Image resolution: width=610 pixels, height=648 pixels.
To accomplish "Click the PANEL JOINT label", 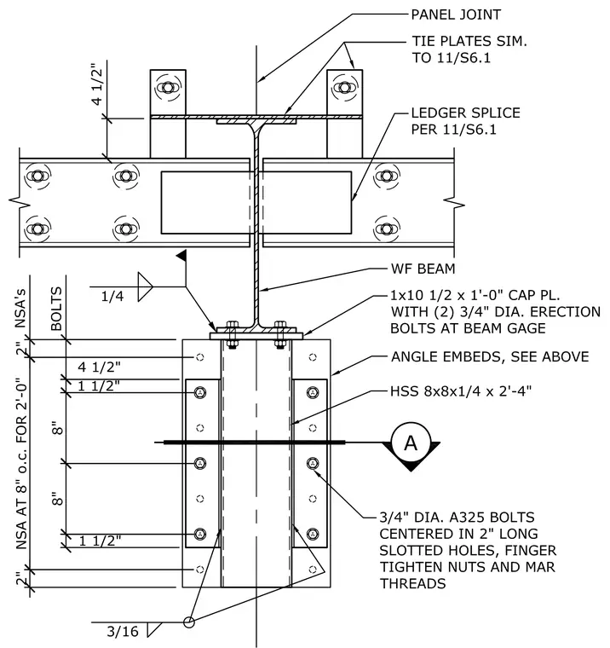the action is click(x=456, y=14).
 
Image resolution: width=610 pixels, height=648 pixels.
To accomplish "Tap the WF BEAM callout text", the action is click(x=423, y=269).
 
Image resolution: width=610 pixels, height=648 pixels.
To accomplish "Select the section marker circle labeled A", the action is click(x=411, y=443).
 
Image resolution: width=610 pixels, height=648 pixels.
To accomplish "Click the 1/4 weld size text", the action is click(x=112, y=296).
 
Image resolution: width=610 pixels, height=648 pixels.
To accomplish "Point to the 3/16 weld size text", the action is click(x=123, y=631).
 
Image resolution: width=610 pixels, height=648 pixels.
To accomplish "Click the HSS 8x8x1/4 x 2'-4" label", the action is click(x=461, y=391).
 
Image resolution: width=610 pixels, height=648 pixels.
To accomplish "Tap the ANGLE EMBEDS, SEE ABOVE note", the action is click(x=490, y=356).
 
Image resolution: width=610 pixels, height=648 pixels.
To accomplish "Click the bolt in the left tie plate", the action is click(x=168, y=88).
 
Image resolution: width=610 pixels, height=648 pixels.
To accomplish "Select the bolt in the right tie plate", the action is click(x=344, y=88).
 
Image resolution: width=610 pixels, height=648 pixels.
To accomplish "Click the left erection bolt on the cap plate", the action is click(x=232, y=334).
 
